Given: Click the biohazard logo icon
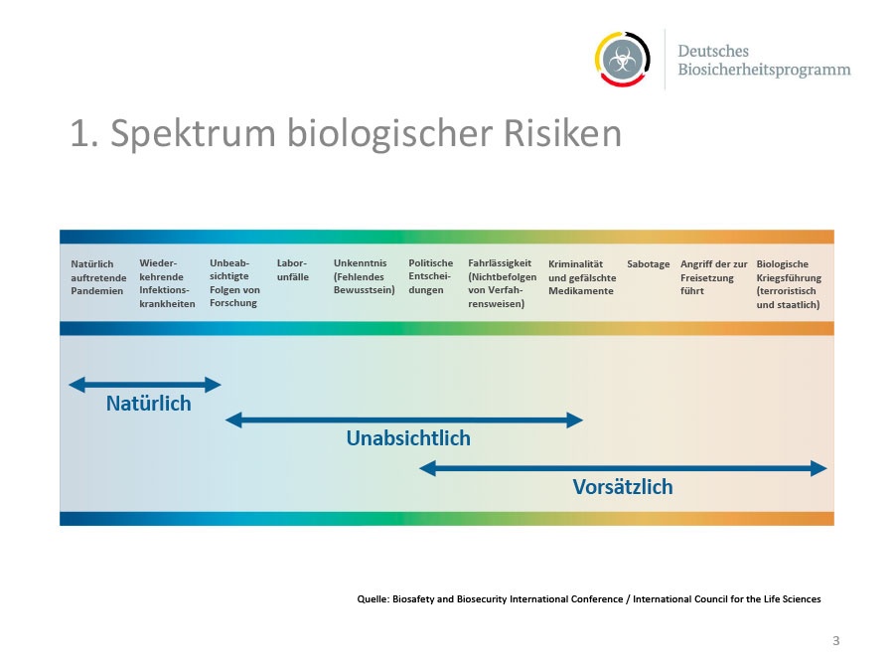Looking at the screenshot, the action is tap(623, 60).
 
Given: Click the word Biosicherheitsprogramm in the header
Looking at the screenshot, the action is tap(764, 70).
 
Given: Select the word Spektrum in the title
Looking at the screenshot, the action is tap(194, 133).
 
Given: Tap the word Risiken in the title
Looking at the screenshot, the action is tap(562, 133).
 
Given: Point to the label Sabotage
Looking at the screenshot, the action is tap(649, 264).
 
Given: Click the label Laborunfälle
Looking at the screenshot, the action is tap(292, 269).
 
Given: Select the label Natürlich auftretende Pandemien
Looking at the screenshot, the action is tap(98, 277).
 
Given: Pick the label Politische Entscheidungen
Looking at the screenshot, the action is tap(430, 276).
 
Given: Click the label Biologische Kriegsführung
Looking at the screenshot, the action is tap(789, 284).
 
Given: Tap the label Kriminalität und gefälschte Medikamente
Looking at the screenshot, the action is tap(582, 277).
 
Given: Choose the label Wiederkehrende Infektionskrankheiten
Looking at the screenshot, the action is tap(167, 283).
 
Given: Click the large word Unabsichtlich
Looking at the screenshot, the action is tap(408, 438).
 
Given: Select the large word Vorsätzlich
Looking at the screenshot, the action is tap(623, 487).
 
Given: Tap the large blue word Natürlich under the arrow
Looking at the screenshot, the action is tap(148, 404).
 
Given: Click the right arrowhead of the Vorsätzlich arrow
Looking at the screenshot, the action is tap(819, 468).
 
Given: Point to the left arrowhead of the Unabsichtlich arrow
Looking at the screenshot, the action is tap(233, 420).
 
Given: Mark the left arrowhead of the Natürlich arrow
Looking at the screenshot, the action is tap(76, 385).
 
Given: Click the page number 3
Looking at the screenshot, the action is tap(835, 641).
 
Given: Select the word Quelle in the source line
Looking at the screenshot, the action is tap(372, 599).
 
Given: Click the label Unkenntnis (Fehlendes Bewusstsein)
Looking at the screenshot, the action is tap(364, 276).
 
